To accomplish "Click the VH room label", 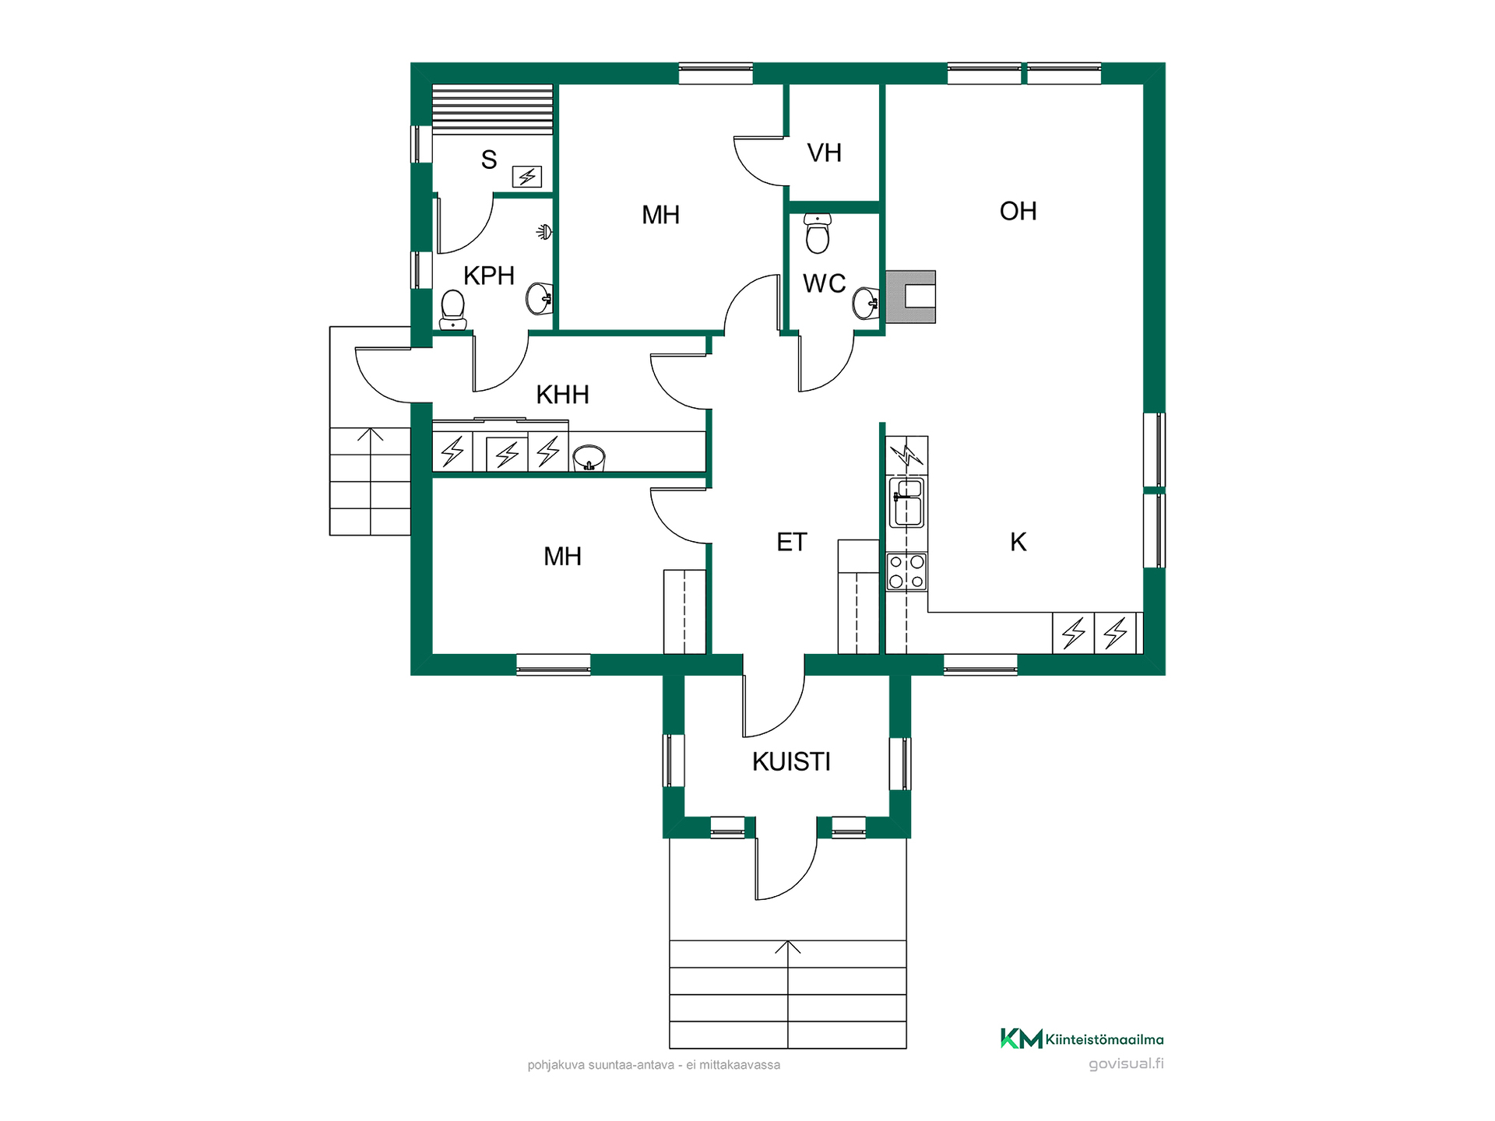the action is point(824,153).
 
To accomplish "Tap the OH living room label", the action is point(1018,211).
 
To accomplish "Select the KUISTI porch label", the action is point(791,761).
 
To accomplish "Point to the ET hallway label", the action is point(792,542).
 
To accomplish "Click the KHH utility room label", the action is point(562,395).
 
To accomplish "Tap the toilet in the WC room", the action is point(818,233).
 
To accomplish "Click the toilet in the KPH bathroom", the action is point(452,310).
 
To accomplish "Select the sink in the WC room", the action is point(866,303).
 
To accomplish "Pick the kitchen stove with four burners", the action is point(906,571).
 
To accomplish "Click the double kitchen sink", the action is point(906,502).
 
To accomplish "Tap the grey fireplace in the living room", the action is point(910,297).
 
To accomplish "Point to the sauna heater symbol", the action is point(527,177).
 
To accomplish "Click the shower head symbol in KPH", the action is point(545,231).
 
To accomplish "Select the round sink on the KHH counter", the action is point(589,459).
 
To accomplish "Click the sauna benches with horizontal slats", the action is point(492,109).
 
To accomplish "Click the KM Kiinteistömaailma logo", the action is point(1082,1038).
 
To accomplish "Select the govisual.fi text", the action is point(1126,1063).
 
